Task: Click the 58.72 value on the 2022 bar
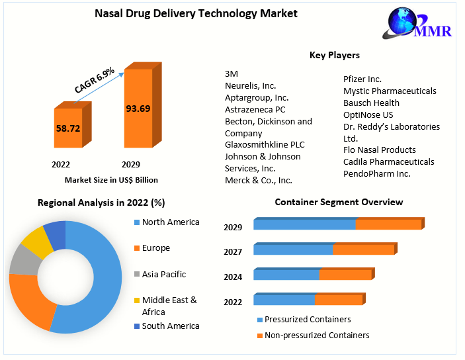pyautogui.click(x=67, y=128)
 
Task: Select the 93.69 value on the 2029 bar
pyautogui.click(x=138, y=109)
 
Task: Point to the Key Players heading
pyautogui.click(x=335, y=55)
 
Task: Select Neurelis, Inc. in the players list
pyautogui.click(x=251, y=85)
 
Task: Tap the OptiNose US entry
pyautogui.click(x=368, y=114)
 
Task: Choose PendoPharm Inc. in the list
pyautogui.click(x=377, y=173)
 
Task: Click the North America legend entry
pyautogui.click(x=170, y=222)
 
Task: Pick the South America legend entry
pyautogui.click(x=170, y=326)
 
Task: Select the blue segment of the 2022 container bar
pyautogui.click(x=284, y=299)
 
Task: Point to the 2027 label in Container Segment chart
pyautogui.click(x=233, y=251)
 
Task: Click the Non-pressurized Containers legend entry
pyautogui.click(x=316, y=336)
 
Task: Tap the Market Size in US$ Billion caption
pyautogui.click(x=111, y=179)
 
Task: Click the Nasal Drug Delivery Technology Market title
pyautogui.click(x=187, y=13)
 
